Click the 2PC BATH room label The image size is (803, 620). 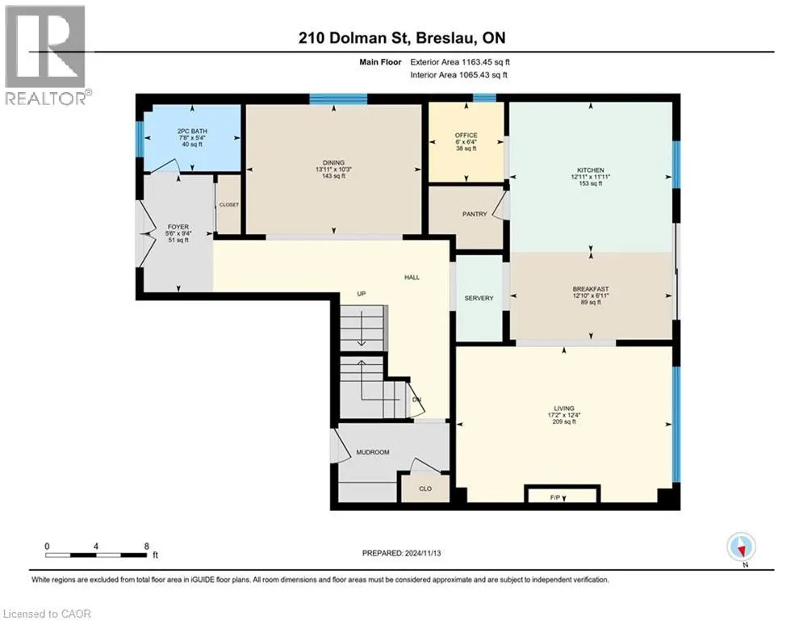point(192,131)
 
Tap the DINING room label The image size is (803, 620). point(333,162)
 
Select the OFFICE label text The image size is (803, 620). point(466,136)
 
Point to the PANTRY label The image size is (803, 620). point(475,214)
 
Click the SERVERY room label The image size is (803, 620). point(479,298)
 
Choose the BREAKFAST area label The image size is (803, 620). point(591,289)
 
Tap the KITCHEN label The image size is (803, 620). point(591,170)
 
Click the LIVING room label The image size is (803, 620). point(564,408)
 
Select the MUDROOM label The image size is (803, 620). point(373,452)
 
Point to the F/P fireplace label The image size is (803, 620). point(555,497)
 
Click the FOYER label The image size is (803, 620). point(178,227)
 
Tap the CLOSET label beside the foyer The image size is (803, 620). point(229,205)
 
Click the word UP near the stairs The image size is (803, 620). point(362,294)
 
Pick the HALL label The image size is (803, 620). point(412,277)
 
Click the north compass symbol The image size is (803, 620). point(741,547)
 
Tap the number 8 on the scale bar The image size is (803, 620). point(146,547)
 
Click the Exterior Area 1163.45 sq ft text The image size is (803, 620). point(460,62)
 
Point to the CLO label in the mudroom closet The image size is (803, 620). point(425,489)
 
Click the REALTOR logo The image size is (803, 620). point(47,55)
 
